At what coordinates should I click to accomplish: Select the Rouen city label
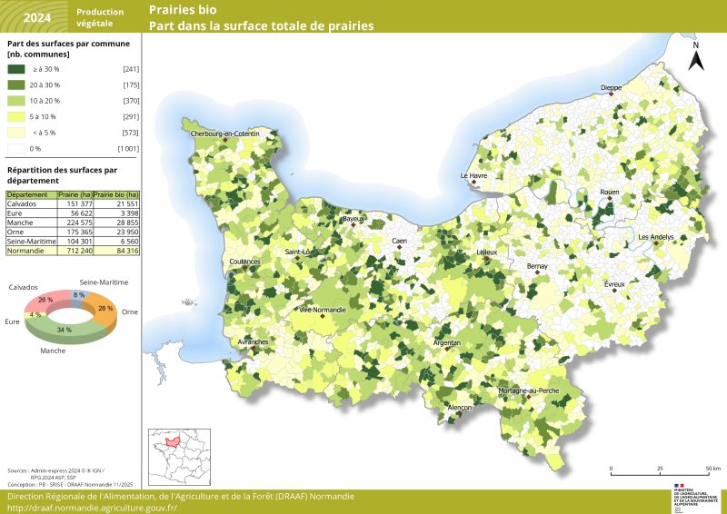click(609, 193)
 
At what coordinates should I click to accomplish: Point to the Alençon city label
click(461, 409)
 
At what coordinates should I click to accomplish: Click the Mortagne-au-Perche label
click(528, 390)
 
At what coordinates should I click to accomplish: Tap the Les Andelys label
click(656, 237)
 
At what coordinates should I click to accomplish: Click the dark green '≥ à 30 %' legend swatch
click(16, 69)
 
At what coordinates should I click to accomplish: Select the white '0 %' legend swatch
click(16, 148)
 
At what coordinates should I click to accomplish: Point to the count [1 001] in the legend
click(127, 148)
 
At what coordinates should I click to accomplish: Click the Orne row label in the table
click(15, 232)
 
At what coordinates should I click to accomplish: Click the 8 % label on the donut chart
click(78, 295)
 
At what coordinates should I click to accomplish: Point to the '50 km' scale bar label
click(712, 470)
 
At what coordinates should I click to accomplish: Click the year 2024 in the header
click(37, 17)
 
